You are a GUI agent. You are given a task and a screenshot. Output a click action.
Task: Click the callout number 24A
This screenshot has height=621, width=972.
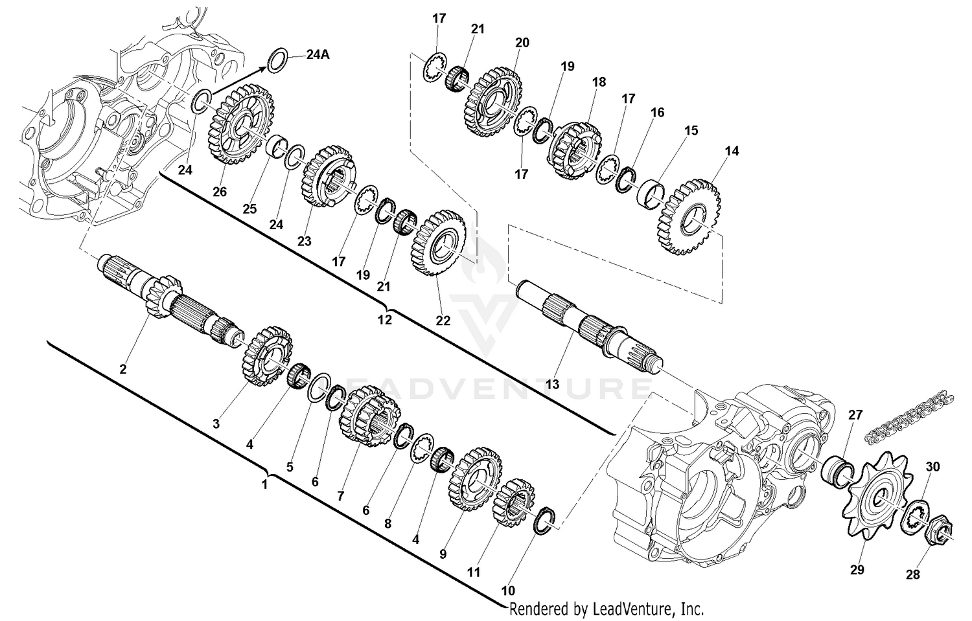[317, 55]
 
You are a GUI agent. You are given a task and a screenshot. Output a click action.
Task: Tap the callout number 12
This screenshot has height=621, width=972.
[385, 319]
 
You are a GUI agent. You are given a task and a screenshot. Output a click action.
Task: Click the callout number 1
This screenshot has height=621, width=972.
[264, 483]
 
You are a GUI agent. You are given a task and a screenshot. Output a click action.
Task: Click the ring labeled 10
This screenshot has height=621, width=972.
[546, 520]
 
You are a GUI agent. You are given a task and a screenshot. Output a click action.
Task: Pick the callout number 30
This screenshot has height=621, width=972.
[932, 466]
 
